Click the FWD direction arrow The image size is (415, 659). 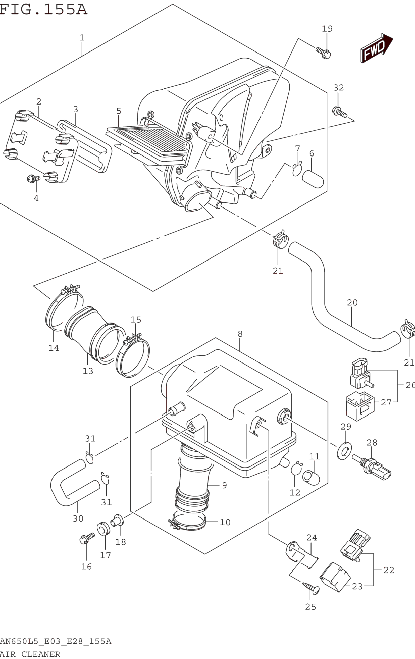376,48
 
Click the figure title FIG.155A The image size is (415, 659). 43,10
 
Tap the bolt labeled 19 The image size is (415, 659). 324,53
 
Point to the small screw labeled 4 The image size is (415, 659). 34,179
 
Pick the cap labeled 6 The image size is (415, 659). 313,179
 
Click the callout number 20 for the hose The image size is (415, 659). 352,302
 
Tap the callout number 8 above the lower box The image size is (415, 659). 240,334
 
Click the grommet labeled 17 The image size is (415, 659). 104,529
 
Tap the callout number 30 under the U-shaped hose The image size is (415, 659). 78,518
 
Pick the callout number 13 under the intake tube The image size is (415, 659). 88,371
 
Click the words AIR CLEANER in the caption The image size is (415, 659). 30,654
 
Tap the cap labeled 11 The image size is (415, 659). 311,478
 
